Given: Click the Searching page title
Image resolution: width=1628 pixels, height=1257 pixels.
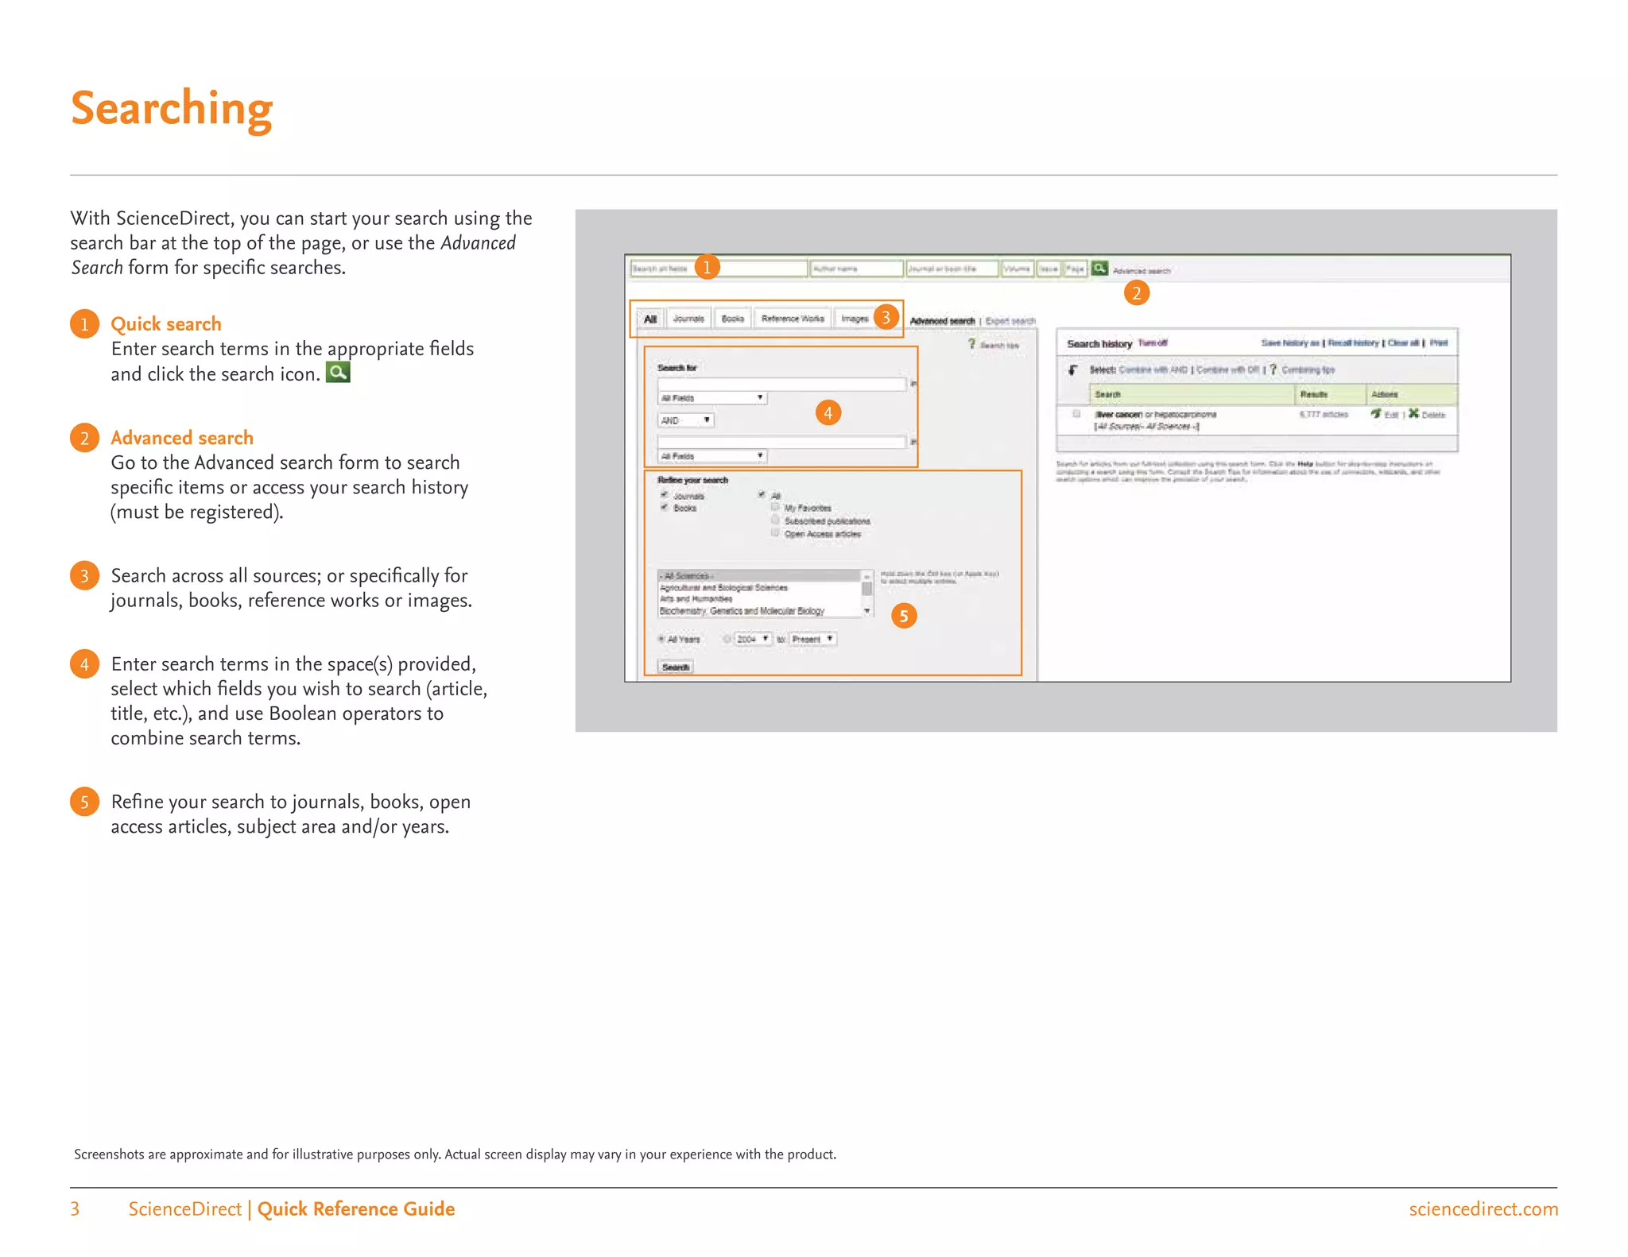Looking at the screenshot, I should [172, 109].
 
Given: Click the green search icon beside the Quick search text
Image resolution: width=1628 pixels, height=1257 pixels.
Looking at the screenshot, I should [338, 373].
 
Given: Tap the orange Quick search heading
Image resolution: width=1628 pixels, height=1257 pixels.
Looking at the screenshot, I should [165, 324].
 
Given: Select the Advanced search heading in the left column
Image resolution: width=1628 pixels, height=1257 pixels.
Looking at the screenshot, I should [181, 438].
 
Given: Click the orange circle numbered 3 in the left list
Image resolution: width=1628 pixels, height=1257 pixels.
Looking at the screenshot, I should [84, 575].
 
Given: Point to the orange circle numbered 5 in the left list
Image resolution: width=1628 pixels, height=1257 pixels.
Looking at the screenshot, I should [84, 802].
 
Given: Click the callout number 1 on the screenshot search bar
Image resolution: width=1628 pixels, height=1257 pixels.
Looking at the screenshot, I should [707, 267].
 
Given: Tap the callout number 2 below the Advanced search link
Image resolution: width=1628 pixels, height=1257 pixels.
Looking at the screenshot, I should [1136, 293].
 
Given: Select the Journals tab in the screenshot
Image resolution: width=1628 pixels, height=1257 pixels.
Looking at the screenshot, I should [688, 319].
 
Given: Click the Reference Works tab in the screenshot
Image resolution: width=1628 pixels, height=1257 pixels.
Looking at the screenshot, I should [793, 319].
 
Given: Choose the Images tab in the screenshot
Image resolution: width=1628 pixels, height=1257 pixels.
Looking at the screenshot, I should [855, 319].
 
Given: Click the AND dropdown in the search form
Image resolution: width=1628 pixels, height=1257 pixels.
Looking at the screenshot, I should [685, 420].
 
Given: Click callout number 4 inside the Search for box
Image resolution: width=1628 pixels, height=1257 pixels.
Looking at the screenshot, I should [828, 412].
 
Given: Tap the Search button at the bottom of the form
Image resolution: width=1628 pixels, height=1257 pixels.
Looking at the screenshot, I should [676, 667].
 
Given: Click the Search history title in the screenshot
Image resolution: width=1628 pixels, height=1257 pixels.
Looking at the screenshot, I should [1099, 344].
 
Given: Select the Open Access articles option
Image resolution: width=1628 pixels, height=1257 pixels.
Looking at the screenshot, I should [822, 534].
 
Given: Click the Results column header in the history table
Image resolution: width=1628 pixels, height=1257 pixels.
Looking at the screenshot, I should [1313, 394].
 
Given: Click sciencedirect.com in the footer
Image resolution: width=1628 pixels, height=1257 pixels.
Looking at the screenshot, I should [1483, 1209].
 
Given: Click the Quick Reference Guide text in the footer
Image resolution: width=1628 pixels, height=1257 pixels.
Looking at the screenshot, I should [355, 1209].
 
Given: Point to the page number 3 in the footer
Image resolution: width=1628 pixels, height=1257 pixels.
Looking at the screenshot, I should [75, 1209].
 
